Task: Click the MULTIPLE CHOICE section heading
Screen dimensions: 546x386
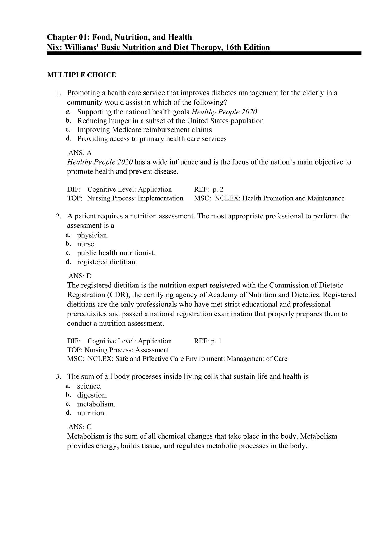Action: tap(81, 75)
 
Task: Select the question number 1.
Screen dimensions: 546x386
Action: tap(58, 93)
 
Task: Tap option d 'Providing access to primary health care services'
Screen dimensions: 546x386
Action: tap(152, 139)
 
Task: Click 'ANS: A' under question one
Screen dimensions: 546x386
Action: tap(80, 153)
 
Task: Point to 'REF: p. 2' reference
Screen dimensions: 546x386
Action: tap(209, 189)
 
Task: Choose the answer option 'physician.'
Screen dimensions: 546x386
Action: tap(93, 235)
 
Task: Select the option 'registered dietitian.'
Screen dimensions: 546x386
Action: tap(107, 262)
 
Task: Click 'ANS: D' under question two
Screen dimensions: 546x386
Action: tap(80, 276)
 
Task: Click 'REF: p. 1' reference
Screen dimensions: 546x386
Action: tap(207, 341)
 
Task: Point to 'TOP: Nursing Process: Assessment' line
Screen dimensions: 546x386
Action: tap(118, 350)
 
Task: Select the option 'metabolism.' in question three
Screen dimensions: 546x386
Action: tap(96, 404)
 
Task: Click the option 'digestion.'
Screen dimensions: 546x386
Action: tap(92, 395)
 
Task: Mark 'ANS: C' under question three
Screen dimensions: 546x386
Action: tap(80, 427)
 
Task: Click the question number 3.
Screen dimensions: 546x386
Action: tap(58, 377)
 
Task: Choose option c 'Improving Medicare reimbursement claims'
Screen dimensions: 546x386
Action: tap(144, 130)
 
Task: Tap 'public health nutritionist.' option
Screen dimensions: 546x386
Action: tap(116, 253)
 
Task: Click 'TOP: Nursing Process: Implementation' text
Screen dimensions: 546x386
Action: tap(125, 198)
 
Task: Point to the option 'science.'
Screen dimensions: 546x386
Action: tap(90, 386)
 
